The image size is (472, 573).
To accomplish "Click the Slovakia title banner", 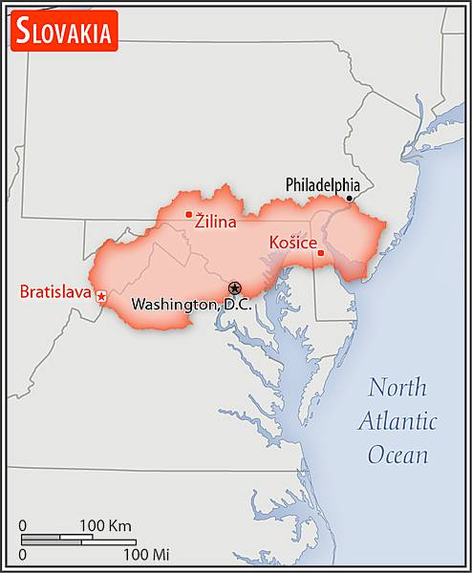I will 63,31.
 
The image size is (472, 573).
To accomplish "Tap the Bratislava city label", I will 54,290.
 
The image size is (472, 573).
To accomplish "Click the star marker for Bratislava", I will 101,297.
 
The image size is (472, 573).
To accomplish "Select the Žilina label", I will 216,222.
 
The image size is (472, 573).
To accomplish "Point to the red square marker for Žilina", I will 189,215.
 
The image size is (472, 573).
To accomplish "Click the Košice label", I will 293,243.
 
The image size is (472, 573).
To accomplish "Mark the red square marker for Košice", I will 321,253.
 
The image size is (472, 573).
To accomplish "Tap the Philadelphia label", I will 323,184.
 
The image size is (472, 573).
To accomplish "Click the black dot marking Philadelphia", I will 350,199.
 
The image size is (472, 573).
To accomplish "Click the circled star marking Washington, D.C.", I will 235,287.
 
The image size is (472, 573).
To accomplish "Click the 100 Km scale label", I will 105,525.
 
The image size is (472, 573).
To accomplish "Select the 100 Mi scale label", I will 145,554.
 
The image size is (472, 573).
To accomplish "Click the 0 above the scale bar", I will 23,525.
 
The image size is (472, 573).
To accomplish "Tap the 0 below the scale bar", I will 23,554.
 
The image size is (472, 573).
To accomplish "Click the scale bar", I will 76,539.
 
